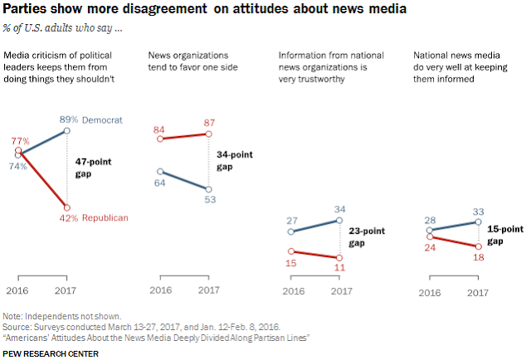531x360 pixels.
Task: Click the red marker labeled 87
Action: pyautogui.click(x=209, y=134)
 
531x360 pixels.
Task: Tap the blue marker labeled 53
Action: pyautogui.click(x=209, y=189)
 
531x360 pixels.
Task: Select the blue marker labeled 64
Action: pyautogui.click(x=159, y=172)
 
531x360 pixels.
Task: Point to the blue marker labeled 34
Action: pyautogui.click(x=339, y=221)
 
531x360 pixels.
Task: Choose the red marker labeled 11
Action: pyautogui.click(x=339, y=258)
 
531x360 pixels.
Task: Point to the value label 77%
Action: pyautogui.click(x=17, y=142)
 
